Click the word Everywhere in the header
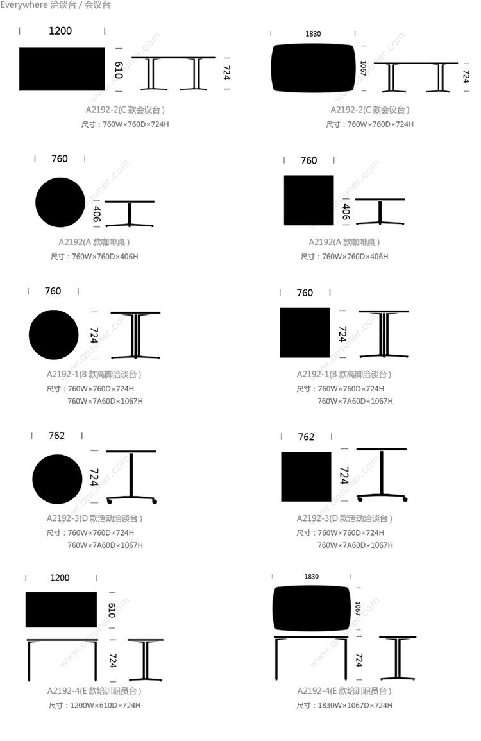(24, 5)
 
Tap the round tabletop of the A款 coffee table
(60, 202)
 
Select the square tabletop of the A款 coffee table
(308, 200)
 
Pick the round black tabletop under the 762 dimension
(57, 479)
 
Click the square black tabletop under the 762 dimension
(306, 476)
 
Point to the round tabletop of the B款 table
(53, 335)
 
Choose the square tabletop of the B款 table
(305, 333)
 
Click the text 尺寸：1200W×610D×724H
(94, 705)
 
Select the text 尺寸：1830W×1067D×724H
(344, 705)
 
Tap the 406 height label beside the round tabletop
(97, 214)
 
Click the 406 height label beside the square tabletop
(346, 212)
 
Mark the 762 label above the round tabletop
(56, 435)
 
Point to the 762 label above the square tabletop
(306, 437)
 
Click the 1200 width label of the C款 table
(60, 31)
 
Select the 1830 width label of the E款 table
(312, 577)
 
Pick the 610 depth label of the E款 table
(112, 610)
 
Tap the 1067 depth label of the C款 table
(363, 69)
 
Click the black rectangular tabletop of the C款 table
(62, 69)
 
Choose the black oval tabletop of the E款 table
(312, 608)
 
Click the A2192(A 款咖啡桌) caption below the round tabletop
(94, 242)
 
